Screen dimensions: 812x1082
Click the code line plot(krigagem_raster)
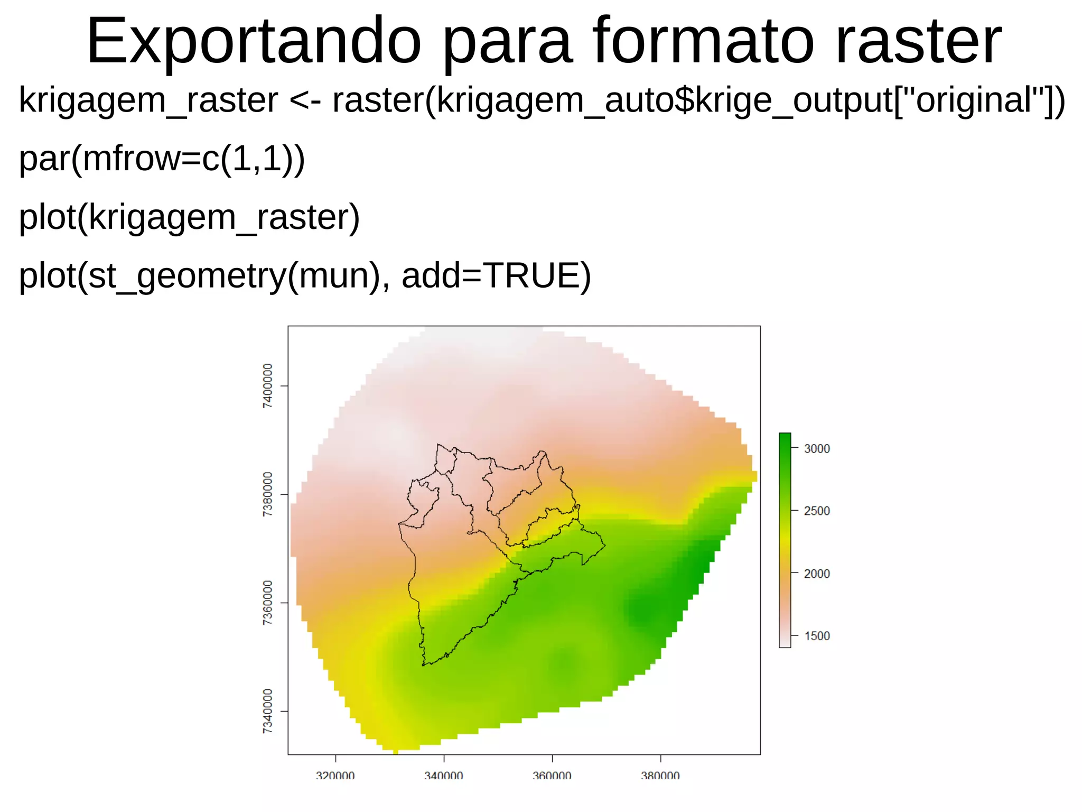click(189, 217)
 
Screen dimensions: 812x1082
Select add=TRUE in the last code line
click(496, 276)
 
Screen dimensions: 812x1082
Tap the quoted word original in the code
click(974, 100)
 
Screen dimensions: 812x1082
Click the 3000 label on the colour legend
click(817, 449)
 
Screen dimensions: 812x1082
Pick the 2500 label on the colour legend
click(817, 511)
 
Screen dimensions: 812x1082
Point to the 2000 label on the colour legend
click(817, 574)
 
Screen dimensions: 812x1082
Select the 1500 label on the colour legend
click(817, 636)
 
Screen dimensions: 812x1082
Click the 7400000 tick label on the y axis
click(268, 385)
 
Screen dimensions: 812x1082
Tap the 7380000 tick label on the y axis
click(268, 494)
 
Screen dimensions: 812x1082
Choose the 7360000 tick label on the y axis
click(268, 603)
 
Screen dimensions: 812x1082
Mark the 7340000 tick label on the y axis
click(268, 711)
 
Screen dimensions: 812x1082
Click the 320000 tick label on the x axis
click(335, 776)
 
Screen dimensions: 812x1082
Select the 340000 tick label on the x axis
click(444, 776)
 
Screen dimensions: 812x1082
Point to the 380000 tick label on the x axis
click(660, 776)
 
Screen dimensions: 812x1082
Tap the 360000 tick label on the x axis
click(552, 776)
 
